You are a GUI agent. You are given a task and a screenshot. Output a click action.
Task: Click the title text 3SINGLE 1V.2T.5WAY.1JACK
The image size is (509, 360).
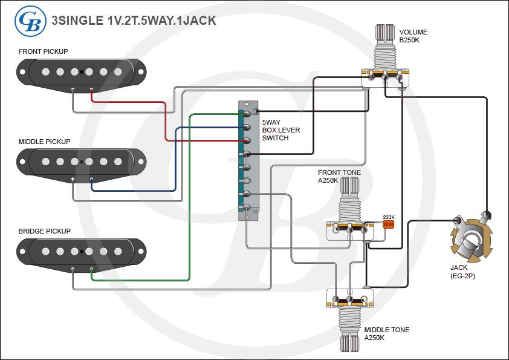[x=134, y=21]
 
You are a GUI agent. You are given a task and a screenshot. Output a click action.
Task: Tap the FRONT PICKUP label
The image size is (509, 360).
[x=43, y=51]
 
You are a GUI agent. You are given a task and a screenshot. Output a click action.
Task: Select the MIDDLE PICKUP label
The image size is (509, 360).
[x=44, y=142]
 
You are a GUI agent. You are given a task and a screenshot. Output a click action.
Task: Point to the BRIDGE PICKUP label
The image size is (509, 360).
[x=44, y=231]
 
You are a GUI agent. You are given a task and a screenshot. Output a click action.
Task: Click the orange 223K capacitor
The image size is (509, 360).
[x=388, y=224]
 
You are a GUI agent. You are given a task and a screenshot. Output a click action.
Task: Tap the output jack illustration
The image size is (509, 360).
[x=472, y=239]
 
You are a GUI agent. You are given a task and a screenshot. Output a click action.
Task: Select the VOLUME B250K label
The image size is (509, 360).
[x=413, y=36]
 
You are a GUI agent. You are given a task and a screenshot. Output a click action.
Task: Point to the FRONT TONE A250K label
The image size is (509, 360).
[x=339, y=177]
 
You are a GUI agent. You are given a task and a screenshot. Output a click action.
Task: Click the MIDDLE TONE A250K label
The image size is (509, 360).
[x=386, y=334]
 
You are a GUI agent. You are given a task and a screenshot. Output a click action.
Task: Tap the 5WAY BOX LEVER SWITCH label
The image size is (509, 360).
[x=280, y=130]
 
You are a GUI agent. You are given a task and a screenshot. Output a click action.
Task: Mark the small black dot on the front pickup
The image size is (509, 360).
[x=82, y=73]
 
